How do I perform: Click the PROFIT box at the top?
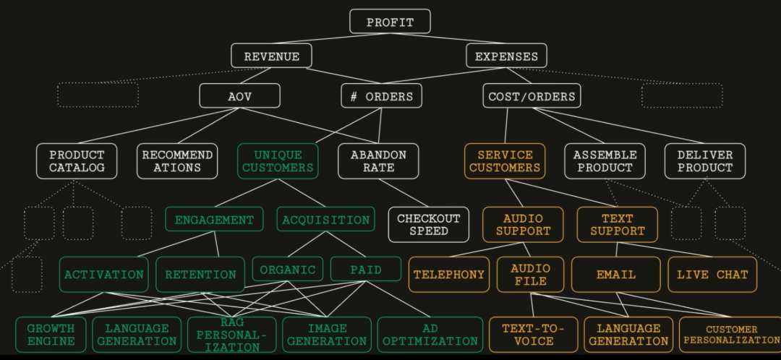[x=390, y=22]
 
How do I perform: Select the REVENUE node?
[x=271, y=56]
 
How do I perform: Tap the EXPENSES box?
[x=506, y=56]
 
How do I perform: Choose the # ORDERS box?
[x=381, y=95]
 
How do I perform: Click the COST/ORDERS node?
[x=532, y=95]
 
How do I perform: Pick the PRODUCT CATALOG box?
[x=77, y=161]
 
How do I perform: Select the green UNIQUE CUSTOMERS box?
[x=278, y=161]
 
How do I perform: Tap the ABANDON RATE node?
[x=378, y=161]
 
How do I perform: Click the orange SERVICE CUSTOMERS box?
[x=505, y=161]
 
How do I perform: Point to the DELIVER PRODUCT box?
[x=704, y=161]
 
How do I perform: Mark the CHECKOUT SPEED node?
[x=428, y=225]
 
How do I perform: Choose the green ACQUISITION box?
[x=325, y=220]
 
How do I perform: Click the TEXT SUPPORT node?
[x=617, y=225]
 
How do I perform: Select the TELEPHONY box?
[x=448, y=275]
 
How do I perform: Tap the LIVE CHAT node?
[x=712, y=275]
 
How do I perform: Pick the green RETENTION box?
[x=200, y=275]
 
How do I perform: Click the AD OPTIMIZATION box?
[x=430, y=335]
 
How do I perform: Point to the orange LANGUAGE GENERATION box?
[x=628, y=335]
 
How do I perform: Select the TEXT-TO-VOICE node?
[x=533, y=335]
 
